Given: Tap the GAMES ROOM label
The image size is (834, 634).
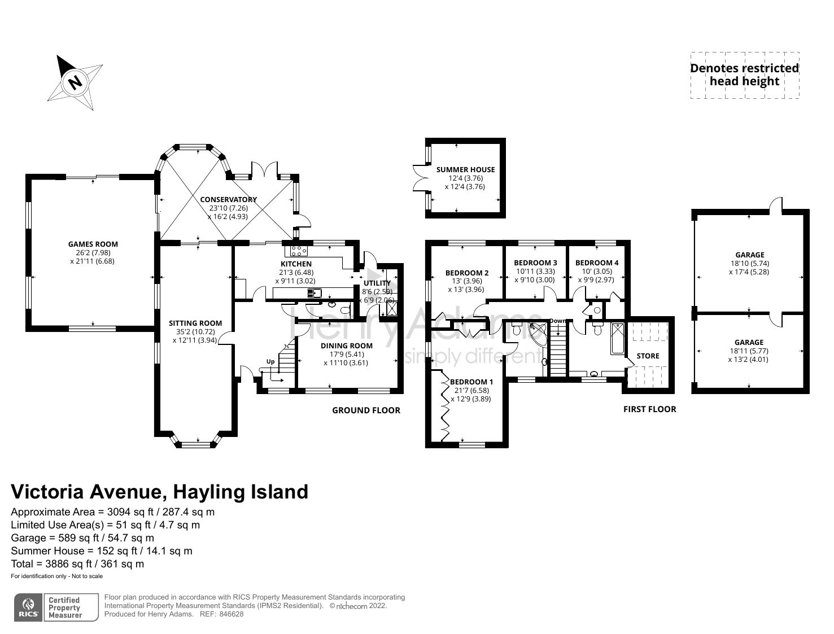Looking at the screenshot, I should (93, 244).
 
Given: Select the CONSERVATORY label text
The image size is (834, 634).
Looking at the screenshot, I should (228, 199).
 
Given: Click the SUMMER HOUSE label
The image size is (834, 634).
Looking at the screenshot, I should (465, 169).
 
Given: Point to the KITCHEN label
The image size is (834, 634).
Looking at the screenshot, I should (296, 264).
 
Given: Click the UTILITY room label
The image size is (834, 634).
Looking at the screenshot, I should (377, 283).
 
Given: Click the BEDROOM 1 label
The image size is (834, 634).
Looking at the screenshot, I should (471, 382).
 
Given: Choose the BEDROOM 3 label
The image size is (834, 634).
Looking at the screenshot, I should (535, 263).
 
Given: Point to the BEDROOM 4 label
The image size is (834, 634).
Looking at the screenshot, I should (597, 263).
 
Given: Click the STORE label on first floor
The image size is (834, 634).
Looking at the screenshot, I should (648, 356).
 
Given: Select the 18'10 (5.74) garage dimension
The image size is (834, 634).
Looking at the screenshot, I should (749, 263).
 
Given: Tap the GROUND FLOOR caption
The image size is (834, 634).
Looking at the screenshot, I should (366, 410).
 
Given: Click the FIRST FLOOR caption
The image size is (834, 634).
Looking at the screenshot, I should (649, 409).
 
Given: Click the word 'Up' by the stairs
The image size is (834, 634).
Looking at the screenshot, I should (270, 361).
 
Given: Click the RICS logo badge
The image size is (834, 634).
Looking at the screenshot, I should (28, 607).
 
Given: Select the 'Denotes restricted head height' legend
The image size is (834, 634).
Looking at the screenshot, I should (744, 75).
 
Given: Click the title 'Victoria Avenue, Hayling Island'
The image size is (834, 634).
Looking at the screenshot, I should (160, 492).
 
